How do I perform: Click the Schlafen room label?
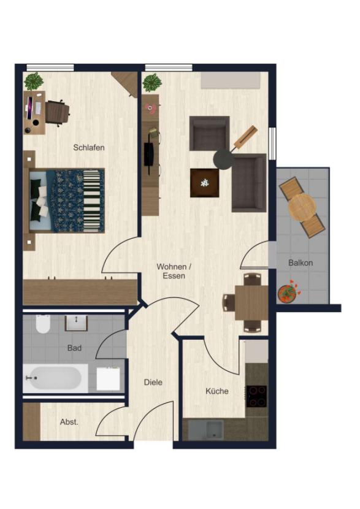pyautogui.click(x=89, y=147)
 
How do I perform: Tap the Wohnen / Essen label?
pyautogui.click(x=174, y=271)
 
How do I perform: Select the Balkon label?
pyautogui.click(x=301, y=262)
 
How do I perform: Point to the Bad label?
pyautogui.click(x=74, y=348)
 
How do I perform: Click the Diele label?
pyautogui.click(x=153, y=382)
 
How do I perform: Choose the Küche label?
pyautogui.click(x=217, y=391)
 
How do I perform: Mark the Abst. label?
pyautogui.click(x=69, y=422)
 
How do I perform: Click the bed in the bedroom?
pyautogui.click(x=66, y=201)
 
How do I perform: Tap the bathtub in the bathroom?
pyautogui.click(x=54, y=378)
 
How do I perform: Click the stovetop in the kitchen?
pyautogui.click(x=256, y=396)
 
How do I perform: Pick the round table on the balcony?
pyautogui.click(x=302, y=207)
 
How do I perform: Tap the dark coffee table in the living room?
pyautogui.click(x=204, y=182)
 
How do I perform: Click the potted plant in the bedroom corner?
pyautogui.click(x=33, y=81)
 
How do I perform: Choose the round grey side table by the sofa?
pyautogui.click(x=223, y=159)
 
